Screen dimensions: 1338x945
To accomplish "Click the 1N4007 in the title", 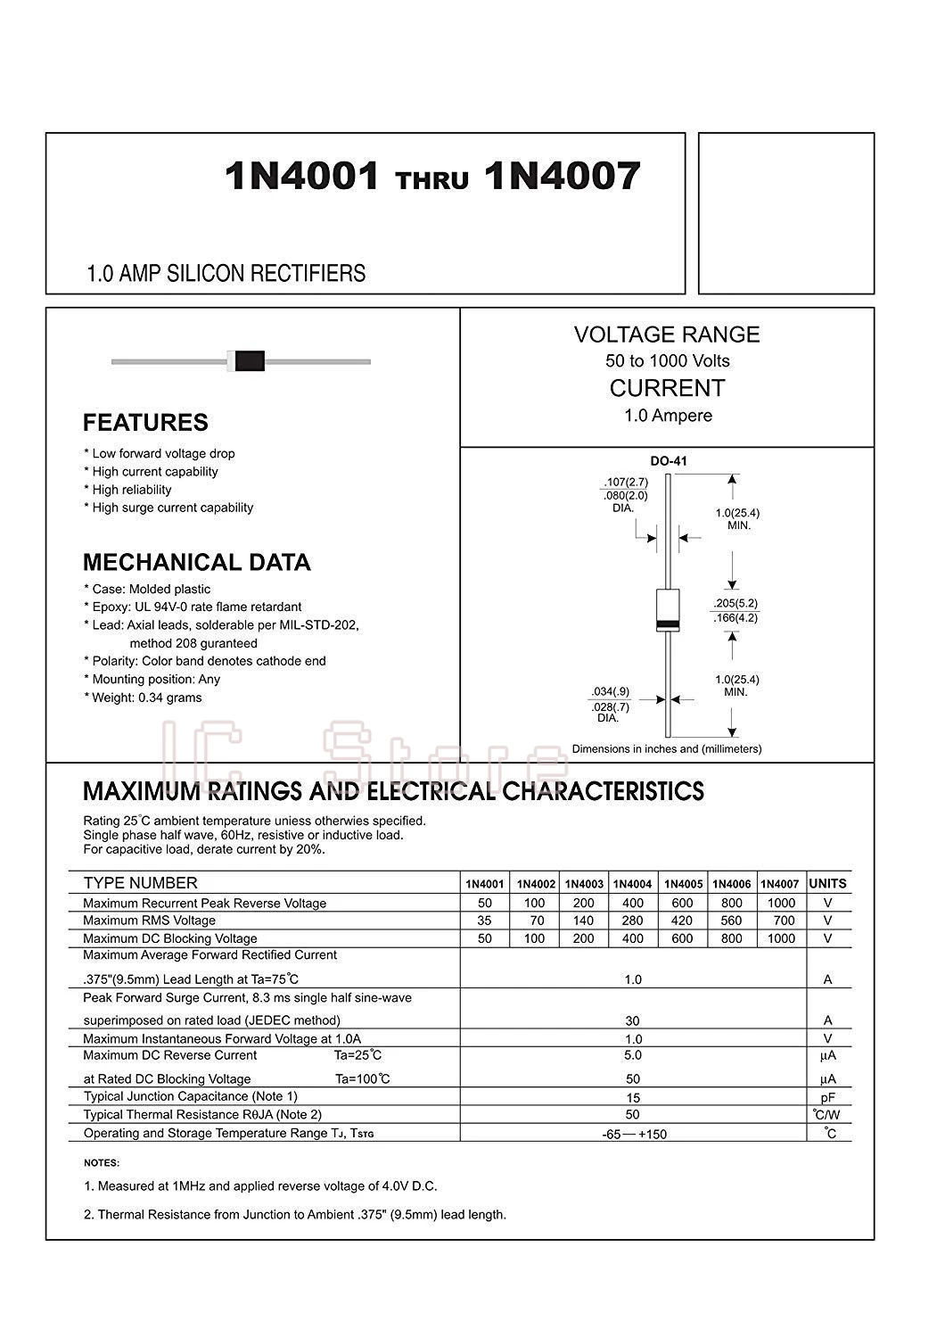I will pyautogui.click(x=563, y=177).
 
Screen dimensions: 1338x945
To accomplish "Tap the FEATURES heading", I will pyautogui.click(x=145, y=423).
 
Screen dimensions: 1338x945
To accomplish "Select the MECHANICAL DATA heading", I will pyautogui.click(x=196, y=563).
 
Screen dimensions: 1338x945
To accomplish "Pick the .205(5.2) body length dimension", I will pyautogui.click(x=735, y=603).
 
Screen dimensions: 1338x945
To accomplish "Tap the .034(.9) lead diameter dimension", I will pyautogui.click(x=610, y=691).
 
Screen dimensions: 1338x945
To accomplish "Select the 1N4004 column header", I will pyautogui.click(x=633, y=884).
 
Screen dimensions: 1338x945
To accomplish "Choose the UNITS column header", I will pyautogui.click(x=827, y=884).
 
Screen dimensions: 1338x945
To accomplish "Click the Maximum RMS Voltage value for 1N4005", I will pyautogui.click(x=682, y=921).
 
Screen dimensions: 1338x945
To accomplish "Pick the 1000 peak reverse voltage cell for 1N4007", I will pyautogui.click(x=781, y=903).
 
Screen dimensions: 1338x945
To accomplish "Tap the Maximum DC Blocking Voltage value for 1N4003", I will pyautogui.click(x=583, y=938).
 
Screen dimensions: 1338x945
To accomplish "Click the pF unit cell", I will pyautogui.click(x=827, y=1097).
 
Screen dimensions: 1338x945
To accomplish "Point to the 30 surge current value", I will pyautogui.click(x=633, y=1020).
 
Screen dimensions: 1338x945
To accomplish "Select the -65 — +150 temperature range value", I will pyautogui.click(x=633, y=1134).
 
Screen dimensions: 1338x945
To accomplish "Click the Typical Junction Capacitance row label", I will pyautogui.click(x=190, y=1096).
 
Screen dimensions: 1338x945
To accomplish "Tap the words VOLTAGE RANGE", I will pyautogui.click(x=667, y=334).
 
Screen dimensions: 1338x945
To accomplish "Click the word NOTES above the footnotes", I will pyautogui.click(x=101, y=1163).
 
